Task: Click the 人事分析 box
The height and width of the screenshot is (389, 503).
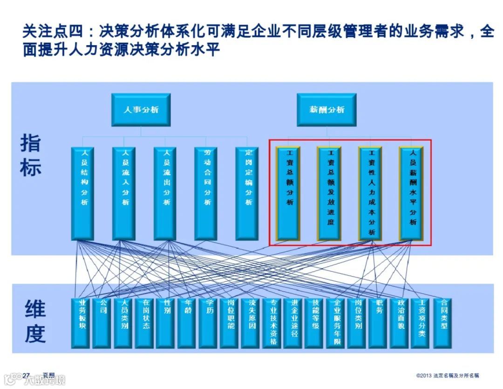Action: tap(141, 110)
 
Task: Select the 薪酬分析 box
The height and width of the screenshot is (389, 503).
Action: tap(326, 110)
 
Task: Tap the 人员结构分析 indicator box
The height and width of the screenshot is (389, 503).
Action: tap(82, 194)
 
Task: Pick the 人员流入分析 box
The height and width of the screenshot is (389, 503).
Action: tap(124, 194)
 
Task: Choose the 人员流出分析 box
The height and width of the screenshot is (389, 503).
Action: tap(165, 194)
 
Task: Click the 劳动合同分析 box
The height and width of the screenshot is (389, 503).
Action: tap(206, 194)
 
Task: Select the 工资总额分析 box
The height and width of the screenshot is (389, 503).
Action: tap(288, 194)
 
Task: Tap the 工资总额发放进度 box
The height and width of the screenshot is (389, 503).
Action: tap(329, 194)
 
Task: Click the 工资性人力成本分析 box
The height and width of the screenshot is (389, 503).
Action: tap(370, 194)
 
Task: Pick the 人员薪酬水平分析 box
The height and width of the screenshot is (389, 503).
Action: tap(411, 194)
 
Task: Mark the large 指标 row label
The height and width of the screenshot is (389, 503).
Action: tap(30, 156)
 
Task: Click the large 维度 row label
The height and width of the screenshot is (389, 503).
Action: tap(35, 322)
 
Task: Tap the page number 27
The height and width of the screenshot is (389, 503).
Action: tap(26, 375)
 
